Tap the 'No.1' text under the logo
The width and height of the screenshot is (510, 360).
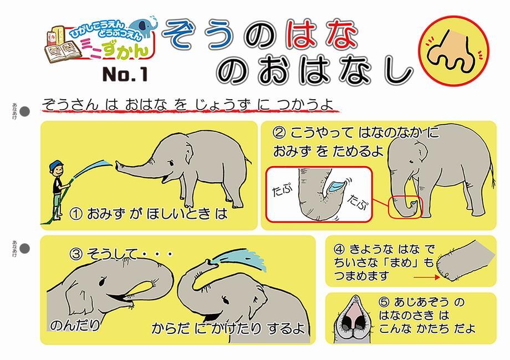click(x=125, y=74)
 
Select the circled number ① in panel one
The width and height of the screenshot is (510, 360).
click(x=76, y=214)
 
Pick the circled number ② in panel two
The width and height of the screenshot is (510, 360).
click(x=279, y=132)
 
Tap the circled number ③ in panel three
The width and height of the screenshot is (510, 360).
click(x=76, y=254)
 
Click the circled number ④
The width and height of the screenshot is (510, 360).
click(x=339, y=249)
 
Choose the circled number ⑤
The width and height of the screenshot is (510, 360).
click(x=384, y=302)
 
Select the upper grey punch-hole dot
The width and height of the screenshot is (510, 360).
click(x=25, y=111)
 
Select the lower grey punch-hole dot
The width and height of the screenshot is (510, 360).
click(x=25, y=249)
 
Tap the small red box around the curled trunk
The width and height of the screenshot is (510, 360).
click(x=405, y=207)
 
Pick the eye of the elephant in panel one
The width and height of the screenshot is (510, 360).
click(x=170, y=162)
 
